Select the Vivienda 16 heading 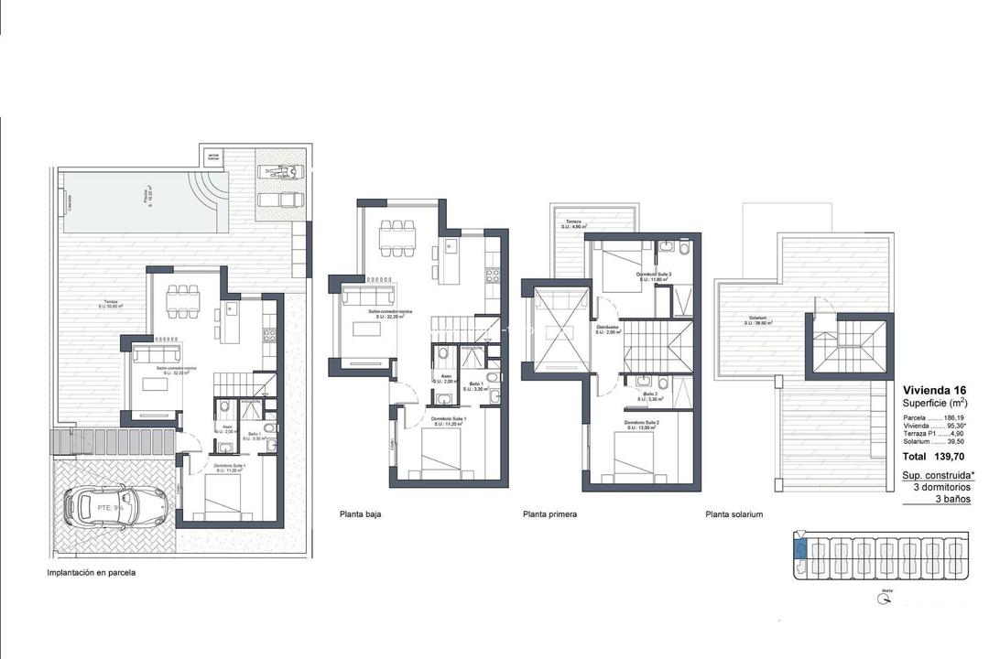pyautogui.click(x=935, y=388)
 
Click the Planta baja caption pyautogui.click(x=360, y=514)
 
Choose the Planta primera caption pyautogui.click(x=549, y=514)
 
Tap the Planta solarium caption pyautogui.click(x=734, y=514)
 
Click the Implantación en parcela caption pyautogui.click(x=92, y=573)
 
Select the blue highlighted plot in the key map pyautogui.click(x=799, y=550)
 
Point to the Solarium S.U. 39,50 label pyautogui.click(x=755, y=321)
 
